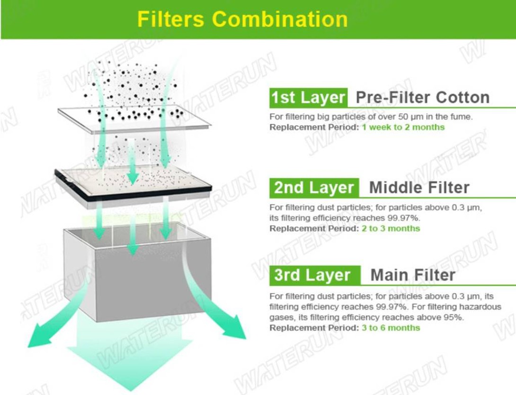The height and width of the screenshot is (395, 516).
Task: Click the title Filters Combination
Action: [x=242, y=19]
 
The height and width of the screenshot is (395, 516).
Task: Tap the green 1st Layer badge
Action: [x=308, y=98]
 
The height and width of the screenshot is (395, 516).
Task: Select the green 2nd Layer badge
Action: [x=314, y=188]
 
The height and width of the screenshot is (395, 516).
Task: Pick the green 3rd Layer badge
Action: [x=315, y=276]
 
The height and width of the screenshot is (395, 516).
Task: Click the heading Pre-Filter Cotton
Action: [x=423, y=98]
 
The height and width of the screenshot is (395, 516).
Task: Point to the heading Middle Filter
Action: [x=419, y=188]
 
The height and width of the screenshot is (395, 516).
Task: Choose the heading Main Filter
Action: [x=413, y=275]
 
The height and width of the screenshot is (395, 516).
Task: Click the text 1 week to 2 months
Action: [x=403, y=127]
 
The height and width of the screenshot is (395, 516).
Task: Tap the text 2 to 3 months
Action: [x=391, y=229]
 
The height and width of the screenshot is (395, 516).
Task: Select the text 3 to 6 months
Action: [x=391, y=328]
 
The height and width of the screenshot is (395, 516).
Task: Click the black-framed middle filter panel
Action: [x=133, y=187]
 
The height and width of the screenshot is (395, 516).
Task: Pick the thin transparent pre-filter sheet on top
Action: [x=134, y=119]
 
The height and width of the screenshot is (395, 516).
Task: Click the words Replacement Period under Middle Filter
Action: [x=314, y=229]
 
